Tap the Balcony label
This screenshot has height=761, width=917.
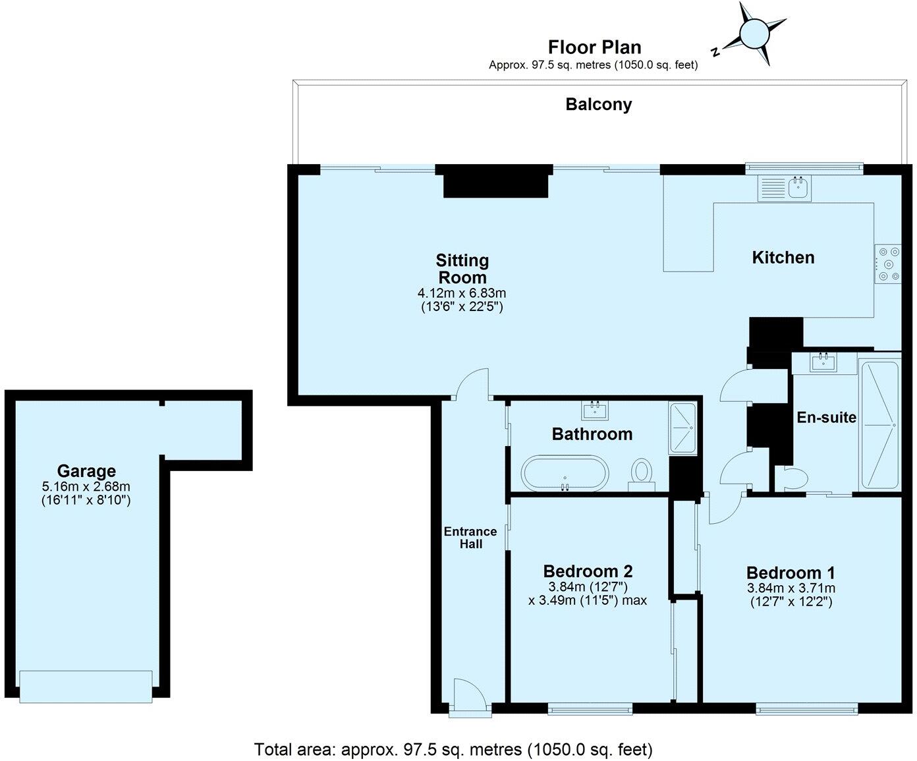(x=598, y=104)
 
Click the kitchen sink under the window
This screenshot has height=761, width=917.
(x=785, y=188)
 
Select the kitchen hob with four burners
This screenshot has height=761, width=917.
(x=887, y=264)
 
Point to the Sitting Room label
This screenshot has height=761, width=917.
(x=462, y=269)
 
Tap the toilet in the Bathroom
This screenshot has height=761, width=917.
(x=640, y=474)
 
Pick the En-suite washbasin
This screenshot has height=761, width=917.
(x=824, y=362)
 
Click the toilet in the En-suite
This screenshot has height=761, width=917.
(x=791, y=478)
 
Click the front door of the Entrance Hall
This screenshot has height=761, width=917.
(x=470, y=695)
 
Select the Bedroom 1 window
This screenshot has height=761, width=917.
(x=807, y=709)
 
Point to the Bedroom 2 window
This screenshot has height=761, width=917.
(x=590, y=709)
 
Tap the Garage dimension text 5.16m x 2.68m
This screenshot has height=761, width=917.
(x=86, y=487)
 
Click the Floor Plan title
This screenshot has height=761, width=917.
(x=594, y=47)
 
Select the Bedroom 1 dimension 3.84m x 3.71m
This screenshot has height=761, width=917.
(x=791, y=588)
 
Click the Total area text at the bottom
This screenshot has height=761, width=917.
(x=453, y=749)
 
